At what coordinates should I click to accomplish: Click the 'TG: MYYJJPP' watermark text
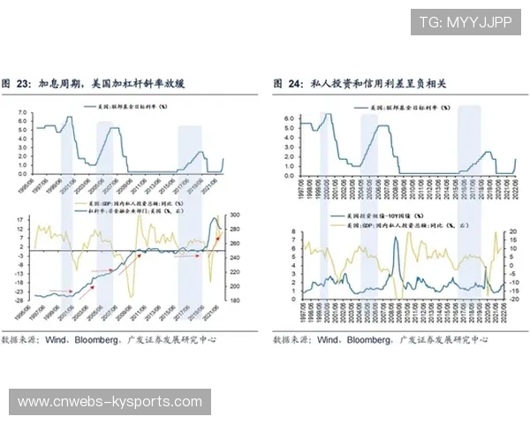(x=465, y=22)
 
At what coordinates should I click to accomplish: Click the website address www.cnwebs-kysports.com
(x=110, y=402)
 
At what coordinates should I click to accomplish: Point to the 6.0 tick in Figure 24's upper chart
(x=287, y=119)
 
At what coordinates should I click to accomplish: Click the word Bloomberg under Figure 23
(x=97, y=339)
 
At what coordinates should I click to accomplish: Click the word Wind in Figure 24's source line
(x=326, y=339)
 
